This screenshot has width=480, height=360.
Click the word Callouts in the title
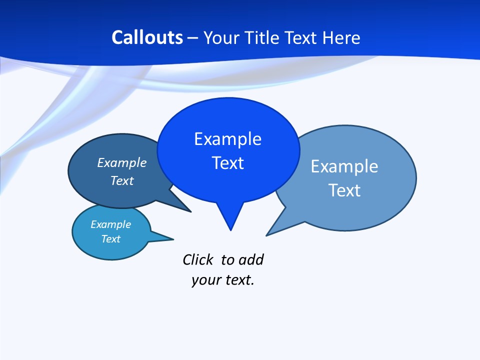coord(147,37)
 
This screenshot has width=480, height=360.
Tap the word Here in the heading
coord(341,37)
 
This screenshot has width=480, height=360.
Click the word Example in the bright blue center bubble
coord(227,139)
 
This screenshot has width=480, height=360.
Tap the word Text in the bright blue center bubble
coord(227,163)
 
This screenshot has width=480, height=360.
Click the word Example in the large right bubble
coord(344,166)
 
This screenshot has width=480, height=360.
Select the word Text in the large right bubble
coord(344,190)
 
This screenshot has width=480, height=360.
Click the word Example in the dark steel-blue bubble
coord(121,163)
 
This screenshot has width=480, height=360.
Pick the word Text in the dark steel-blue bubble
coord(121,181)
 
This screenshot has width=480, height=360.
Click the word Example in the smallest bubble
coord(110,224)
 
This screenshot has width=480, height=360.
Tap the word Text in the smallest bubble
coord(110,239)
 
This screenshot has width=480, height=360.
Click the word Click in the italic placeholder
coord(197,259)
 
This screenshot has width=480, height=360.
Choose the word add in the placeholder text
coord(251,259)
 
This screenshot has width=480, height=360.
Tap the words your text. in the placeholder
coord(222,280)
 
